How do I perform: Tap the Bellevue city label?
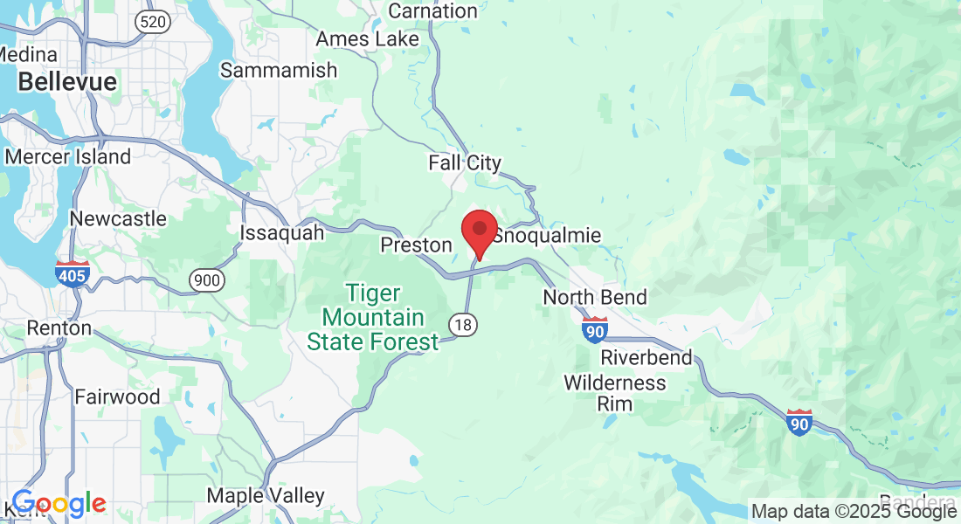[67, 82]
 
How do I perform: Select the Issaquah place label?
[281, 233]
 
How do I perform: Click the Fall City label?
[465, 162]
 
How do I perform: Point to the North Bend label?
[595, 297]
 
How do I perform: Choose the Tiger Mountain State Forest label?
[372, 317]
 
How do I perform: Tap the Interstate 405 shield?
[70, 273]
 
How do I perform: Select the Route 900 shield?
[206, 280]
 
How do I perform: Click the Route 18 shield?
[463, 325]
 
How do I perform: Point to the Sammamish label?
[279, 71]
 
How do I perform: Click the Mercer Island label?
[67, 157]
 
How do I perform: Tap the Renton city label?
[59, 328]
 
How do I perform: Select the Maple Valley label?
[266, 496]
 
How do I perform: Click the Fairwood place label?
[117, 396]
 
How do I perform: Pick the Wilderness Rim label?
[614, 393]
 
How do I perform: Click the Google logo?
[59, 504]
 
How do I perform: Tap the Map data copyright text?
[854, 511]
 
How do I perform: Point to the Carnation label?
[432, 11]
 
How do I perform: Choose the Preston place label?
[416, 245]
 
